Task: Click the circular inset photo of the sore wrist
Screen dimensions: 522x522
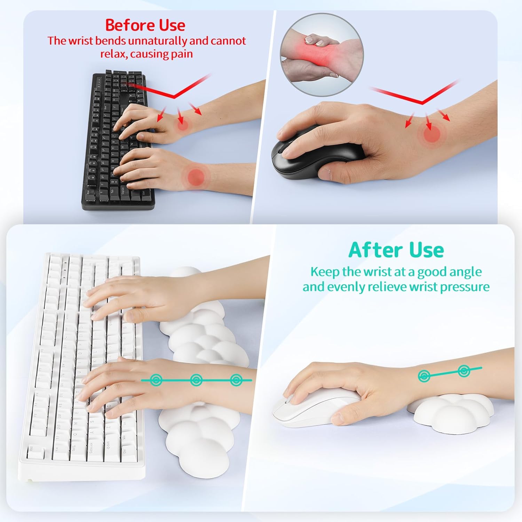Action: tap(322, 55)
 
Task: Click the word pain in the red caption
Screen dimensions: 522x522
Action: tap(182, 54)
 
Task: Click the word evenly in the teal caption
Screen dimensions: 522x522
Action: tap(347, 287)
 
